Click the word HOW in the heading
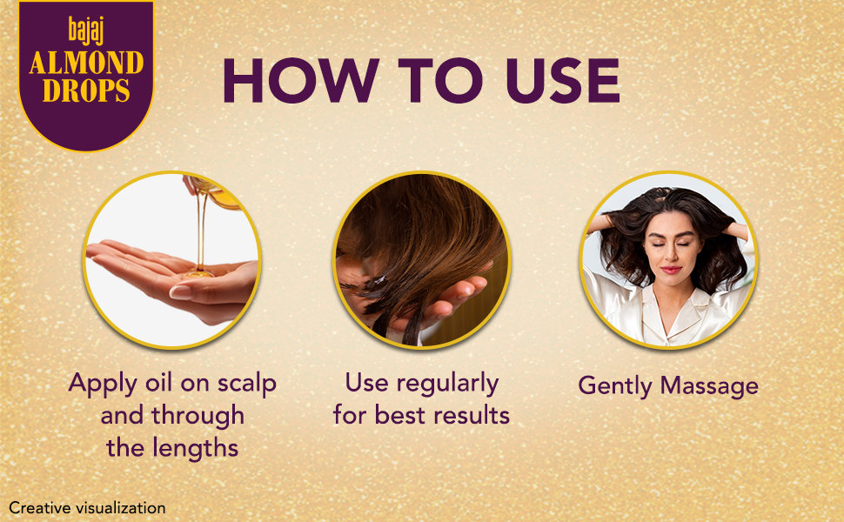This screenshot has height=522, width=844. (300, 80)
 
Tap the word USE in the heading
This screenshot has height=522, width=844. (563, 80)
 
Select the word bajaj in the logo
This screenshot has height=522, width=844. (85, 30)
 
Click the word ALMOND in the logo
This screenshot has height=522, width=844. (86, 63)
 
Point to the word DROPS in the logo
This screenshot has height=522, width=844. (86, 90)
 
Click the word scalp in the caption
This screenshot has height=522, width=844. (247, 385)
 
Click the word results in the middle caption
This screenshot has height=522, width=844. (472, 416)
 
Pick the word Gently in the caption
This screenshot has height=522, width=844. (616, 387)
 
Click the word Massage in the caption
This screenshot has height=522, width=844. (709, 387)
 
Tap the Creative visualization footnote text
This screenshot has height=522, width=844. (87, 508)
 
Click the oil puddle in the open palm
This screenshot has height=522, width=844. (200, 274)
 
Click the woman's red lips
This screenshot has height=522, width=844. (671, 270)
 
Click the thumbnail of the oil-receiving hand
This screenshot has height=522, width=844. (180, 292)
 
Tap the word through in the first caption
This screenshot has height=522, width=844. (198, 417)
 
